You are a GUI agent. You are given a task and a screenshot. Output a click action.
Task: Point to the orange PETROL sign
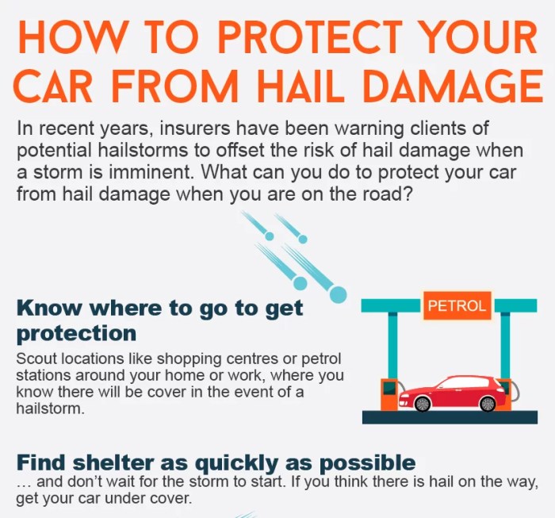point(457,305)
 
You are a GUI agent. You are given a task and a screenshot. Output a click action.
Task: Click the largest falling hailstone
point(338,295)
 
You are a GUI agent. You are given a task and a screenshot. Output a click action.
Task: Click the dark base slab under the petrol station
point(449,417)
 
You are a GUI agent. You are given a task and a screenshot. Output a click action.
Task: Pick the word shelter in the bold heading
point(120,463)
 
